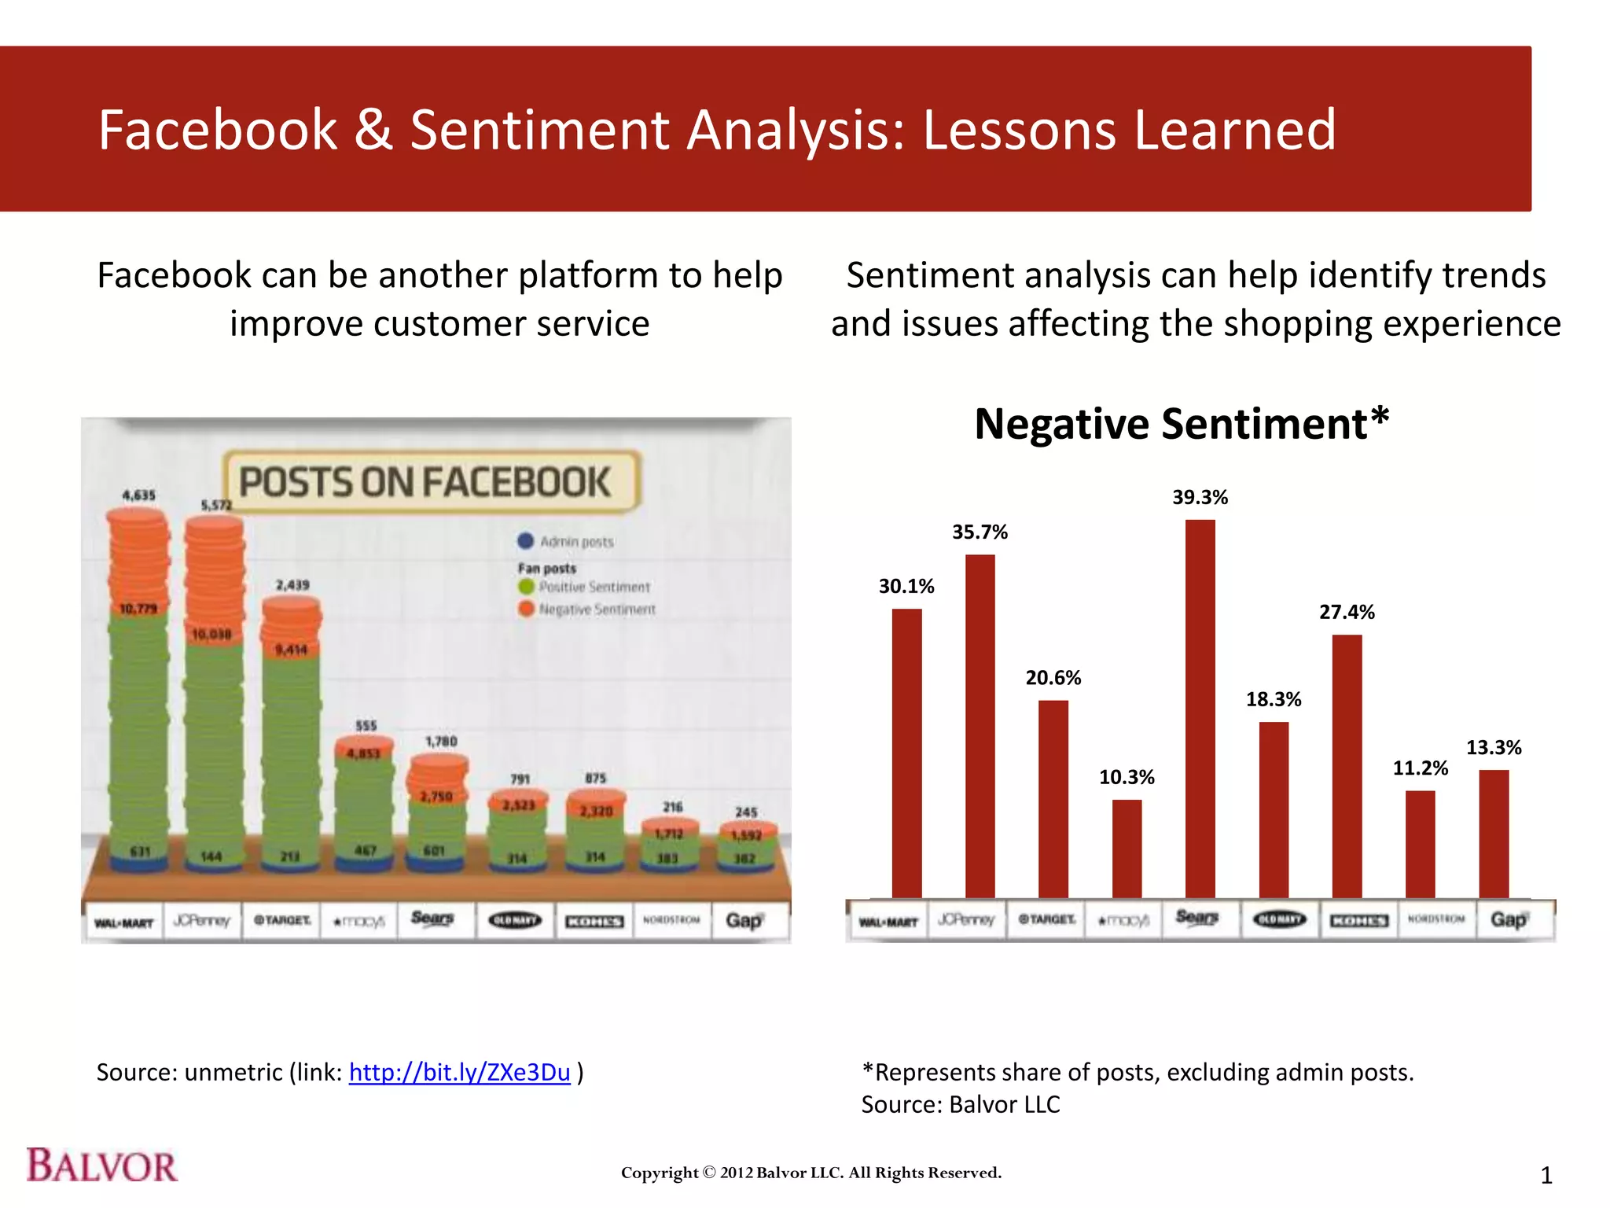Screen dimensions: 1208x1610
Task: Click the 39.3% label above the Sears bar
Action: click(1200, 497)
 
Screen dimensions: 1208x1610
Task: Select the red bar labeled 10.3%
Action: click(1127, 849)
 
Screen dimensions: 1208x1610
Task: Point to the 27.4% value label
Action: click(1347, 612)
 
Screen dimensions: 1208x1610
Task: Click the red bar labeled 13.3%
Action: click(1494, 834)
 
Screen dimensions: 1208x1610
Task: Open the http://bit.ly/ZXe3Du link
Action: click(459, 1072)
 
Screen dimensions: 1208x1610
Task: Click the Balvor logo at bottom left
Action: click(102, 1166)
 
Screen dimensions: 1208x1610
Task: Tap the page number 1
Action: click(1546, 1176)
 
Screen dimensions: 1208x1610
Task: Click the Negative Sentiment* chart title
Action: click(1182, 424)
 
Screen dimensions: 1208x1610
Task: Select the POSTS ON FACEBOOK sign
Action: click(431, 481)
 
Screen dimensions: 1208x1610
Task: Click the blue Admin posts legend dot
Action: click(526, 541)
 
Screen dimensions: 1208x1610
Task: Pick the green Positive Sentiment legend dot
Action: click(526, 587)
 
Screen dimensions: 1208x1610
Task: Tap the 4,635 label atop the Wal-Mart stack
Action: click(138, 495)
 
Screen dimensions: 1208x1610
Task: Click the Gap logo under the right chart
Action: click(1508, 919)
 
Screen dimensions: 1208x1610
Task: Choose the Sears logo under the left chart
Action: click(432, 919)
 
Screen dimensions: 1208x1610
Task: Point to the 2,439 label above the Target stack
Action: click(292, 585)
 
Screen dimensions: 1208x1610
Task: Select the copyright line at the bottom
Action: click(811, 1173)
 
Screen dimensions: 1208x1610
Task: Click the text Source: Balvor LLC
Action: click(960, 1104)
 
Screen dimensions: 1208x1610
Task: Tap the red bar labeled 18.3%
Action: click(1274, 810)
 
